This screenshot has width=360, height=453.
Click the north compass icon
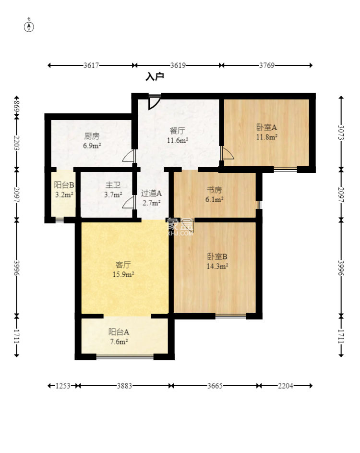[x=29, y=26]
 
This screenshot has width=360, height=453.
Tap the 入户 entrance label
[x=155, y=76]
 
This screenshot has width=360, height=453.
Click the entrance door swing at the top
[x=154, y=102]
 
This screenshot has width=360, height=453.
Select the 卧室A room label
[x=266, y=127]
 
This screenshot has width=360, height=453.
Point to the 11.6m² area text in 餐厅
[x=178, y=141]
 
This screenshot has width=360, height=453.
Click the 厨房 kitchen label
[x=92, y=136]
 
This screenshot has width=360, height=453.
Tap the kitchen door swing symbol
[x=129, y=156]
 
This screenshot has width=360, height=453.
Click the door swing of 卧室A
[x=227, y=153]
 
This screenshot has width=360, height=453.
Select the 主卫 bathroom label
[x=113, y=185]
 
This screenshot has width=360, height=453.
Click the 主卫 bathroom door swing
[x=129, y=202]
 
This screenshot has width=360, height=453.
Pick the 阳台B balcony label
[x=64, y=185]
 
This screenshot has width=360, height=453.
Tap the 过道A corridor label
[x=151, y=193]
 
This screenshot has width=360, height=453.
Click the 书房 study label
[x=214, y=190]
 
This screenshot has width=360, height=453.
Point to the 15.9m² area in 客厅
[x=123, y=274]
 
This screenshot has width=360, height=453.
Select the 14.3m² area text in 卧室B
[x=217, y=266]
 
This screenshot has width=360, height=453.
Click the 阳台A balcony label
[x=119, y=331]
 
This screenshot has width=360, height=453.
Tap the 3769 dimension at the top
[x=266, y=65]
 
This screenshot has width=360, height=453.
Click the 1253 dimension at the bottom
[x=63, y=386]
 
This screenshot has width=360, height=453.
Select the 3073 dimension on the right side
[x=341, y=132]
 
